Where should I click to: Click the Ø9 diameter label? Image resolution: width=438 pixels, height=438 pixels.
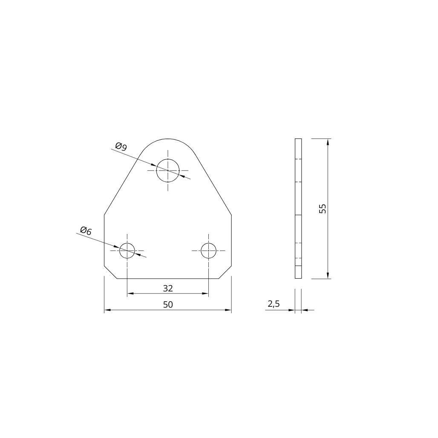pos(121,147)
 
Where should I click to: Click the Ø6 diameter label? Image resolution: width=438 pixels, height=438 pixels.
pos(86,231)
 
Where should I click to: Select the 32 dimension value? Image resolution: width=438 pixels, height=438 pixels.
pos(168,288)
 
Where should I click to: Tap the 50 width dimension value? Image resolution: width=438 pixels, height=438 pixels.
pos(168,305)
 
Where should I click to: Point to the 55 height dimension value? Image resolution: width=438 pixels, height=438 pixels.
pos(323,208)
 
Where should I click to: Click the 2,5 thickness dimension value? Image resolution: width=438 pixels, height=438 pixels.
pos(274,304)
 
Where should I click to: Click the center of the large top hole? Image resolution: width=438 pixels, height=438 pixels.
pos(168,170)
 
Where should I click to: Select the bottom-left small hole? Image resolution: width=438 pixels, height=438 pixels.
pos(127,251)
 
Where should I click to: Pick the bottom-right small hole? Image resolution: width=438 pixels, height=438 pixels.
pos(208,251)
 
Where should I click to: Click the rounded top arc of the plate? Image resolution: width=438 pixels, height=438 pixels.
pos(168,139)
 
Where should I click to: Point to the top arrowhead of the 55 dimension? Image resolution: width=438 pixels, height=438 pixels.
pos(328,142)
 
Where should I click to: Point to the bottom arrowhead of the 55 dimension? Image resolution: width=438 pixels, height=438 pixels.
pos(328,275)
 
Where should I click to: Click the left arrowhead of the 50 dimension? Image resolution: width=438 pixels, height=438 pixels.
pos(107,310)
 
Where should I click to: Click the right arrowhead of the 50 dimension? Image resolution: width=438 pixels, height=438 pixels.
pos(228,310)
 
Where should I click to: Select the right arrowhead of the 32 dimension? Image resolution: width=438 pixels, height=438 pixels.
pos(205,294)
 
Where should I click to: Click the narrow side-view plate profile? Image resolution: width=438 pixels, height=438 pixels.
pos(298,208)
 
